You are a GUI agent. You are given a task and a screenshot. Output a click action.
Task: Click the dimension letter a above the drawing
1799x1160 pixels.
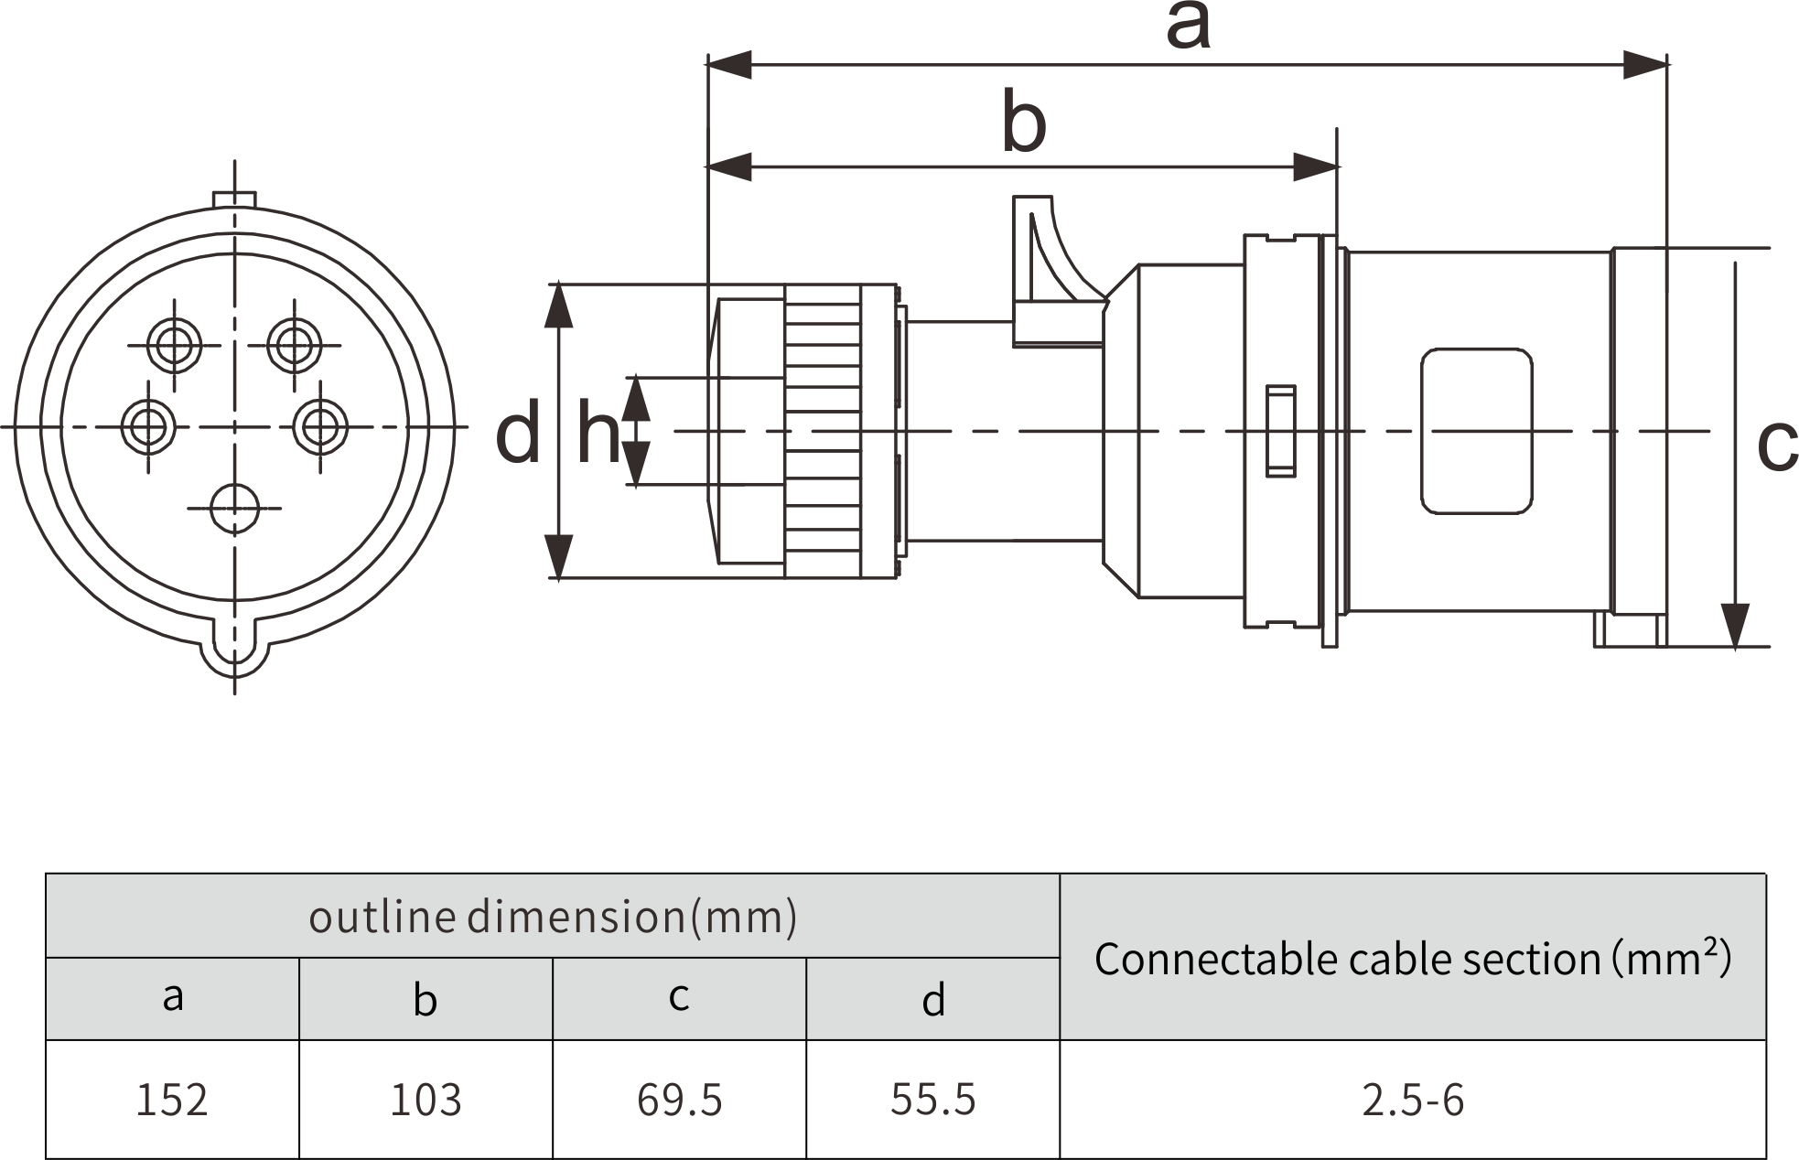(x=1188, y=27)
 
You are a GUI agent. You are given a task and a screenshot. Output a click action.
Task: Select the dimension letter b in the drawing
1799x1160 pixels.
(x=1024, y=122)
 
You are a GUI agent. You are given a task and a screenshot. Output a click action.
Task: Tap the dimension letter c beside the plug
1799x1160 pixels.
(x=1777, y=446)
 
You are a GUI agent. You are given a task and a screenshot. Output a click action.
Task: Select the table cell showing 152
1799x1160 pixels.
(x=172, y=1100)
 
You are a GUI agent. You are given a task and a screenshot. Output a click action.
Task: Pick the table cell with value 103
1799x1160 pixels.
(x=426, y=1100)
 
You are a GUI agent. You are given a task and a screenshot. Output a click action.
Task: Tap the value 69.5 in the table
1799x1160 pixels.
(x=679, y=1100)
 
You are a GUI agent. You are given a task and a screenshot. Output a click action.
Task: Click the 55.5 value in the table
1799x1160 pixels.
(x=932, y=1100)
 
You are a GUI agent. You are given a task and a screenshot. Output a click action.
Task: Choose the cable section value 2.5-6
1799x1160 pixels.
(x=1413, y=1100)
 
